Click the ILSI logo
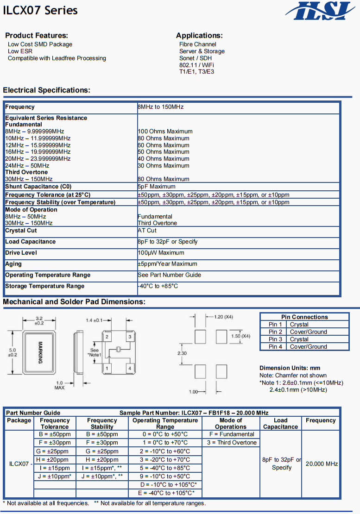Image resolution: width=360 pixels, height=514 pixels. point(321,11)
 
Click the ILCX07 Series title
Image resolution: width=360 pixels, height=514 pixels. point(40,11)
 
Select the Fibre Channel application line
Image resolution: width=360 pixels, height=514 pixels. point(198,44)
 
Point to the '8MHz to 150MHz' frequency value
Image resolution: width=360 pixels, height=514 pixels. point(161,107)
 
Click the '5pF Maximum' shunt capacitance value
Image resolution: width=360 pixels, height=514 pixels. point(157,187)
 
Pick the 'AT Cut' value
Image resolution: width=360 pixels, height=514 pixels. point(147,231)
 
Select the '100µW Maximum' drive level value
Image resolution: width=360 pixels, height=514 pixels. point(161,253)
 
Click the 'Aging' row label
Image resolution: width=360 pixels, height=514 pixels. point(14,264)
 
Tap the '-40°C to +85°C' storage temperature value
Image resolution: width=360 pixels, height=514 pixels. point(158,286)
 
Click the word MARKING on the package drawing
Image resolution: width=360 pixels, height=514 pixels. point(40,352)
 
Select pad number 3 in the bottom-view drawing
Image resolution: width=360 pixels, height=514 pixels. point(130,337)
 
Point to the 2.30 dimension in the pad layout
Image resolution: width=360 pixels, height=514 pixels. point(183,353)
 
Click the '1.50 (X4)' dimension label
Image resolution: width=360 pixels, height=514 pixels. point(240,336)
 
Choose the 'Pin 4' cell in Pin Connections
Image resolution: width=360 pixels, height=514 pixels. point(275,346)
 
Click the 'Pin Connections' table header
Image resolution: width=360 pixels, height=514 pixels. point(304,317)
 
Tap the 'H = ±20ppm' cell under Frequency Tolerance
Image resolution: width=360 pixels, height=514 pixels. point(55,460)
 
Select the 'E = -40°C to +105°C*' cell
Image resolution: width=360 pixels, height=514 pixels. point(165,493)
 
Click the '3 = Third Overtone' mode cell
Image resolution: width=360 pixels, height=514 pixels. point(231,443)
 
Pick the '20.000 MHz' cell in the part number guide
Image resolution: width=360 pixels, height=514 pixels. point(322,464)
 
